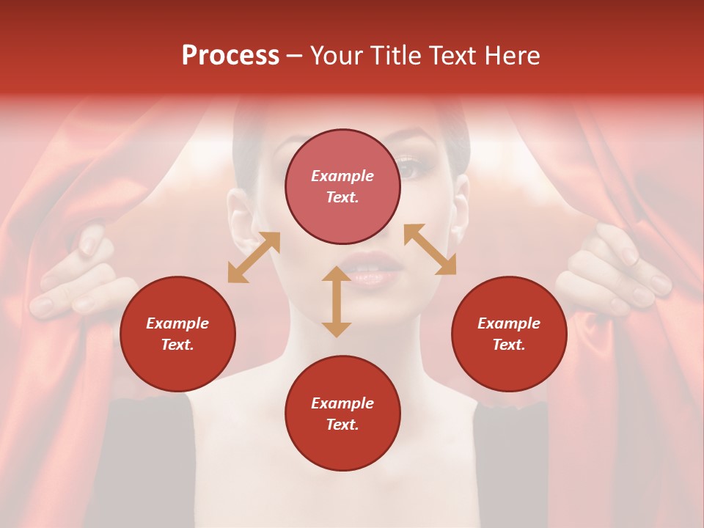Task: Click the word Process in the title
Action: pyautogui.click(x=230, y=56)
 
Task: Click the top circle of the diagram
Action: pyautogui.click(x=342, y=187)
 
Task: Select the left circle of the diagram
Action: pyautogui.click(x=177, y=334)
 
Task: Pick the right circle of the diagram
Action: pyautogui.click(x=509, y=334)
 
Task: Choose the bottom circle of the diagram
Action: pyautogui.click(x=342, y=414)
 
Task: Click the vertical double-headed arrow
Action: pyautogui.click(x=337, y=301)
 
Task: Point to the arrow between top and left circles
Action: pyautogui.click(x=254, y=257)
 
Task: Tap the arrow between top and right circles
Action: pyautogui.click(x=430, y=249)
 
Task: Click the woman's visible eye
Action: pyautogui.click(x=411, y=168)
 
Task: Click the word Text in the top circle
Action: pyautogui.click(x=342, y=197)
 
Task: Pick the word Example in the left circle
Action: pyautogui.click(x=177, y=323)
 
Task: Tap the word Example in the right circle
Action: pyautogui.click(x=509, y=323)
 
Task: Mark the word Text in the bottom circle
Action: pyautogui.click(x=342, y=425)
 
